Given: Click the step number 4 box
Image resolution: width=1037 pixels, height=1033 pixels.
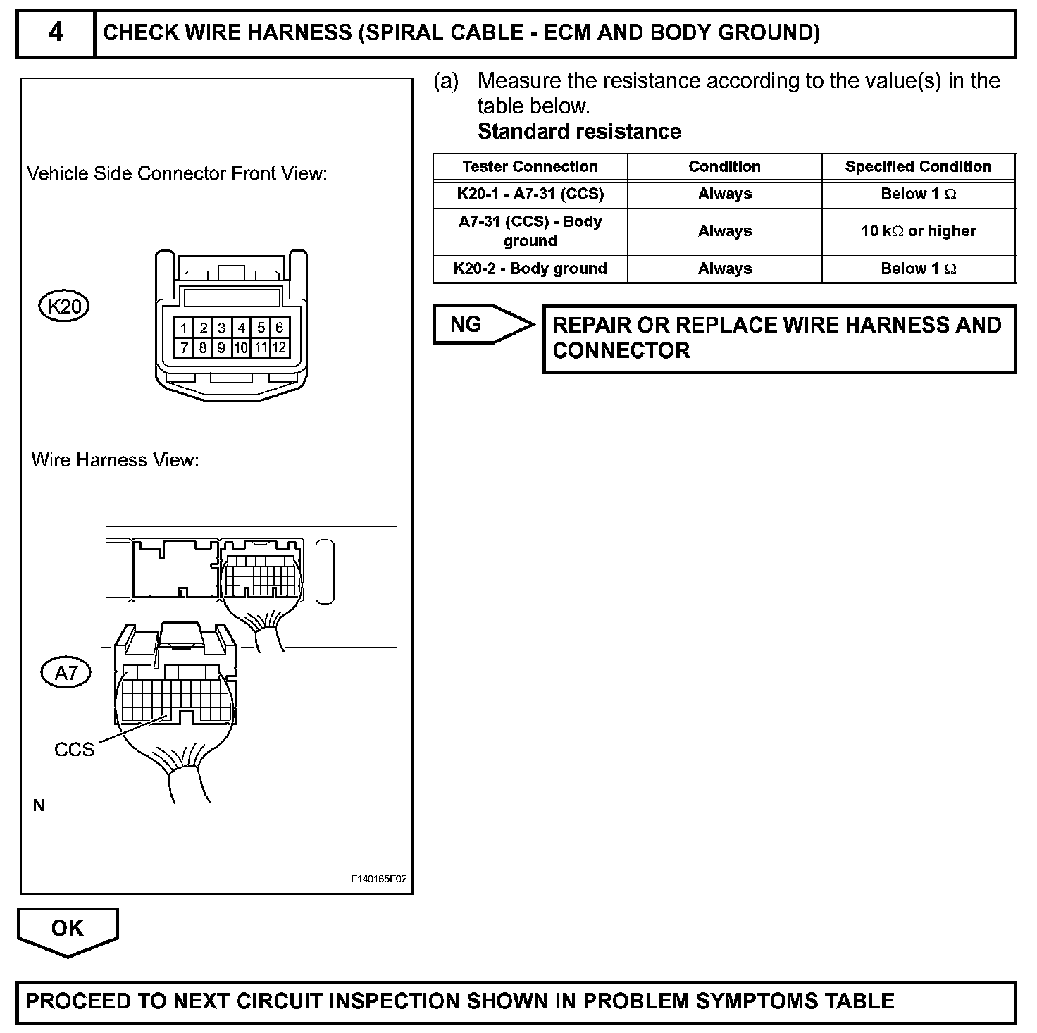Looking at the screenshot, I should (x=56, y=33).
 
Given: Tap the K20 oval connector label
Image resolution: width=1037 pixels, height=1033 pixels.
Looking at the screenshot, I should (x=64, y=306).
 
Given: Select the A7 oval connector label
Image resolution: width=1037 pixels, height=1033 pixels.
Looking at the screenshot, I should (x=66, y=673).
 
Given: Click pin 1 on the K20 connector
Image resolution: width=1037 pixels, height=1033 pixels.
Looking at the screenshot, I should (x=183, y=328).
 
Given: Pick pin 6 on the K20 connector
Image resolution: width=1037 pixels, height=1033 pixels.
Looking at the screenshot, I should (x=280, y=328).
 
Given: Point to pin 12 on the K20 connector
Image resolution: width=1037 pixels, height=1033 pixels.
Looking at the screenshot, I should (x=280, y=347).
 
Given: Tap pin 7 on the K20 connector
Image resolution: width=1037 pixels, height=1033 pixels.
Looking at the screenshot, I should (x=183, y=347).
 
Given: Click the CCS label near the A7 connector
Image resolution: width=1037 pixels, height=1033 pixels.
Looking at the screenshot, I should (x=74, y=749).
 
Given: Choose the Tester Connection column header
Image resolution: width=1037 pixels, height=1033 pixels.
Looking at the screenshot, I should (x=530, y=167).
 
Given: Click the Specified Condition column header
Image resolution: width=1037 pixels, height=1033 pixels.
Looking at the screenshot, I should (x=918, y=167).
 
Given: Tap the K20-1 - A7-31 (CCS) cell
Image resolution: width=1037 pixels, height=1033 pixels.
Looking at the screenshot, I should (x=530, y=194).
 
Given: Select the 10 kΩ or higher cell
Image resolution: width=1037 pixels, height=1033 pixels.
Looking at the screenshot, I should (x=918, y=231).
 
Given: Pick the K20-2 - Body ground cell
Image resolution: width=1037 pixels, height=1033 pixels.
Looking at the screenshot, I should (x=530, y=268).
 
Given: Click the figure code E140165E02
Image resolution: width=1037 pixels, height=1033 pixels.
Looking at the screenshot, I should (x=378, y=879).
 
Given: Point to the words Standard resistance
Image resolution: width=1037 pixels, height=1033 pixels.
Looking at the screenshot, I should (x=579, y=132).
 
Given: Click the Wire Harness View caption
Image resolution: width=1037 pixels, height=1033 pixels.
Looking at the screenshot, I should (x=116, y=460).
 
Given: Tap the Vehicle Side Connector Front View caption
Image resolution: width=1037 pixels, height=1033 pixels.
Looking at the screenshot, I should (x=177, y=173).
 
